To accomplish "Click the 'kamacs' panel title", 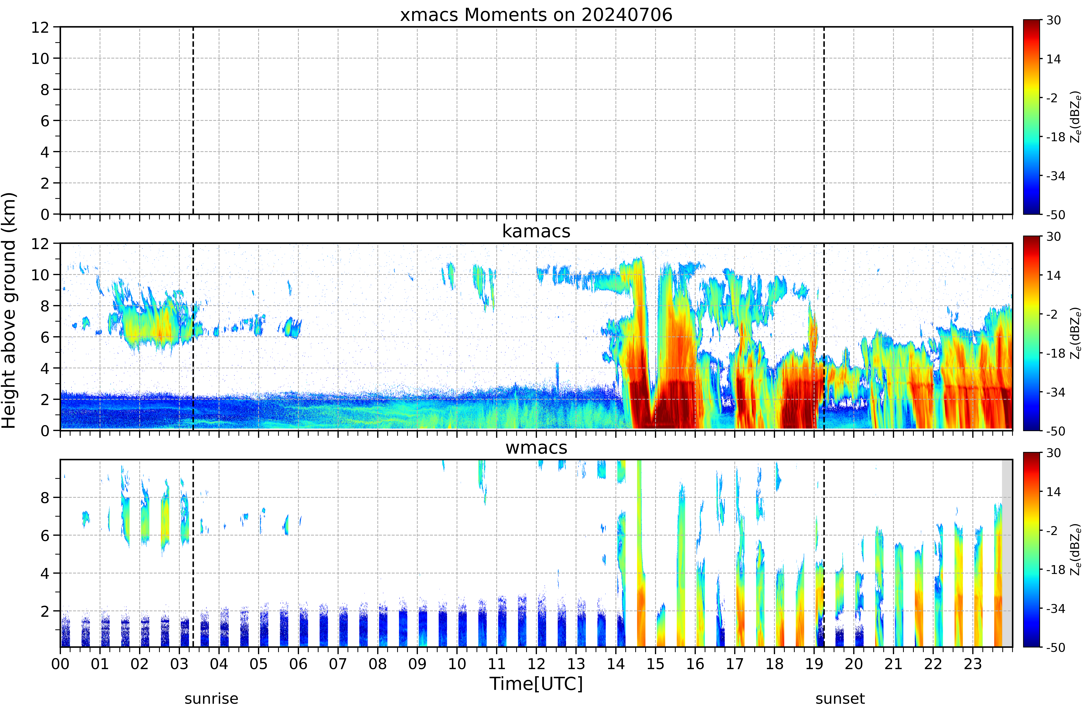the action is point(536,232).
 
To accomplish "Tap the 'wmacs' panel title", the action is point(536,448).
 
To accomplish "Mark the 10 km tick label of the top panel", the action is point(40,59).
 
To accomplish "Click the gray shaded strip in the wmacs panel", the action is point(1007,553).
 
